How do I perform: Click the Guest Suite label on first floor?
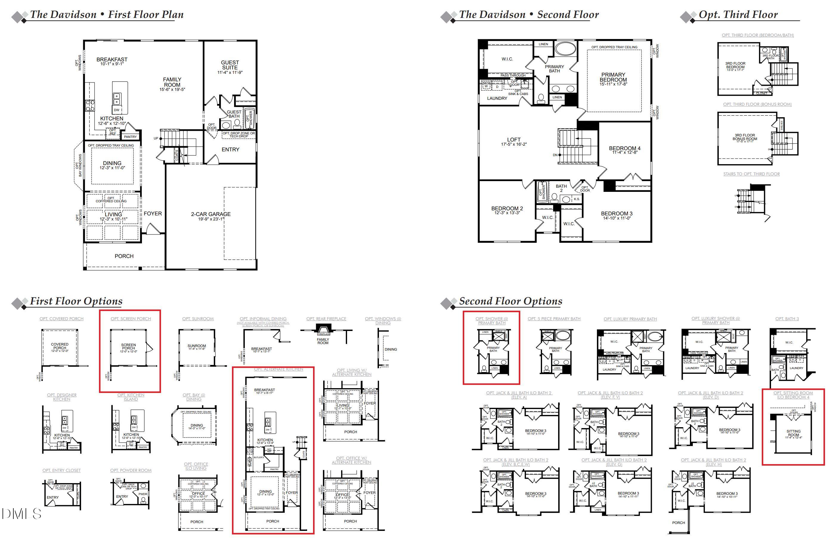230,65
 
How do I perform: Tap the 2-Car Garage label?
211,214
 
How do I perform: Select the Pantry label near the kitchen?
130,137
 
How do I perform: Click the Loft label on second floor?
513,140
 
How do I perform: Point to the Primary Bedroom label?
613,77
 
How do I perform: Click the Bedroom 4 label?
625,148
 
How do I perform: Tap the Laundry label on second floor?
497,99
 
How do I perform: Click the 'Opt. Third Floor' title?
738,15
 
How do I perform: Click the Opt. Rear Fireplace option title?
326,319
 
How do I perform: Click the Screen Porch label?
128,346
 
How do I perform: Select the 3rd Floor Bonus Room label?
744,137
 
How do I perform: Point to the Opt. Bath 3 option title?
787,319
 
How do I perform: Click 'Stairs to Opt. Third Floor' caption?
751,174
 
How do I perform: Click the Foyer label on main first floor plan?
153,214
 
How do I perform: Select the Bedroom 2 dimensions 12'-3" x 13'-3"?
507,213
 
